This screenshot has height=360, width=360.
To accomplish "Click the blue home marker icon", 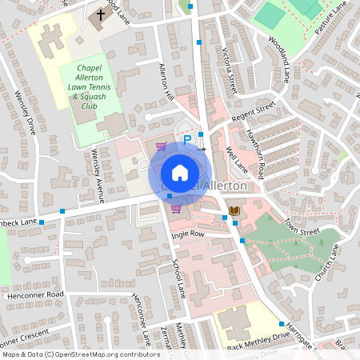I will coord(180,172).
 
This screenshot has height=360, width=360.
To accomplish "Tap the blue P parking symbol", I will coord(187,139).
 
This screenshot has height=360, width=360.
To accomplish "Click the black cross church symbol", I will coord(100,14).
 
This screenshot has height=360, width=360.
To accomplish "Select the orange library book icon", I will coord(234,210).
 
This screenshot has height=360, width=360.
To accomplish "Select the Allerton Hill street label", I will coord(166,82).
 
